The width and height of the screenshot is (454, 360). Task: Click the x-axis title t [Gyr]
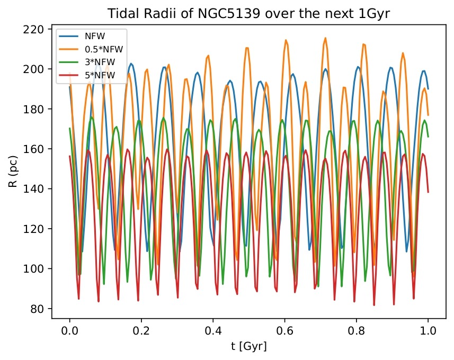tap(248, 347)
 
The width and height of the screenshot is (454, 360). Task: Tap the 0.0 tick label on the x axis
tap(69, 332)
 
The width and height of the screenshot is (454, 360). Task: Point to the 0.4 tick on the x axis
tap(213, 332)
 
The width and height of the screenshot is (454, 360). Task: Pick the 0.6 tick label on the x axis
tap(284, 332)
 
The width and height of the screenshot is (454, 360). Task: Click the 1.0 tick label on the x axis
tap(428, 332)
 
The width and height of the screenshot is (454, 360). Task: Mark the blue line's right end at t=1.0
tap(428, 89)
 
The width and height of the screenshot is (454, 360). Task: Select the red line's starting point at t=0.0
tap(69, 156)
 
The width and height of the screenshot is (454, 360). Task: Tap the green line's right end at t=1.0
tap(428, 137)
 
